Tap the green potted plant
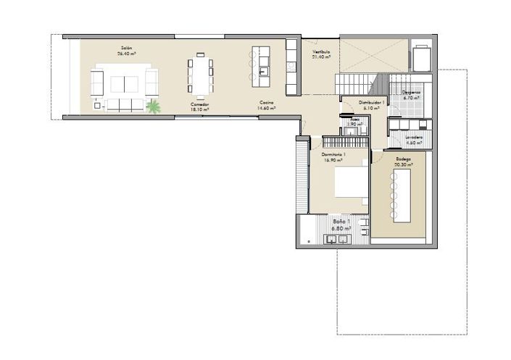[154, 108]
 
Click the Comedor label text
[200, 106]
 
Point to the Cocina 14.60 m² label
[267, 106]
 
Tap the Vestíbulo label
[321, 54]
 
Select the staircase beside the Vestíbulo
[360, 82]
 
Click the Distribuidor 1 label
[372, 104]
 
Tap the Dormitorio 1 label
[333, 157]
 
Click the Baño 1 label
[341, 225]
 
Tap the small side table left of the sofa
[97, 106]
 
